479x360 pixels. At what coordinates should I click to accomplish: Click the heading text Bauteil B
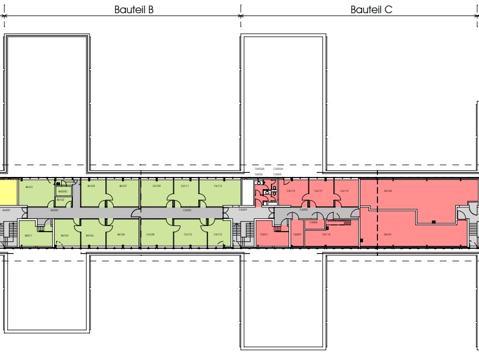point(134,9)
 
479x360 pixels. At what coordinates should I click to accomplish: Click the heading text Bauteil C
point(371,9)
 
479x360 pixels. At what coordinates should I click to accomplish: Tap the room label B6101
point(29,187)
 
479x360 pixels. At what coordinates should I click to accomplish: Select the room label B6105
point(91,186)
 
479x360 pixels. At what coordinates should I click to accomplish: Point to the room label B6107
point(123,186)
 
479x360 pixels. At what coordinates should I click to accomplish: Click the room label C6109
point(157,186)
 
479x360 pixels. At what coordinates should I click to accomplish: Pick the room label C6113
point(218,186)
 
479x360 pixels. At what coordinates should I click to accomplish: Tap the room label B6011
point(28,235)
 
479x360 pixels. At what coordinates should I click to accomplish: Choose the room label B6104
point(89,235)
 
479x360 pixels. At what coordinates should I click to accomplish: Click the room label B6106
point(121,234)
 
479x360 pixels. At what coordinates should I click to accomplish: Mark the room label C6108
point(151,234)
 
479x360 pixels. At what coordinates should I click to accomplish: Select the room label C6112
point(218,234)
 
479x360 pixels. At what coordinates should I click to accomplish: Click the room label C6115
point(291,191)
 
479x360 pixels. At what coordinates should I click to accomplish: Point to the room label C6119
point(344,191)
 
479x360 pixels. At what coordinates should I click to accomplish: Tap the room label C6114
point(326,234)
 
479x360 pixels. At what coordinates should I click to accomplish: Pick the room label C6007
point(297,234)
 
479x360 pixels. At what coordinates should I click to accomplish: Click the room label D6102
point(388,191)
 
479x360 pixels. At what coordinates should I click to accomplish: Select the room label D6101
point(388,234)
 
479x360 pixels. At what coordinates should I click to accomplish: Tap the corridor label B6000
point(54,210)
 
